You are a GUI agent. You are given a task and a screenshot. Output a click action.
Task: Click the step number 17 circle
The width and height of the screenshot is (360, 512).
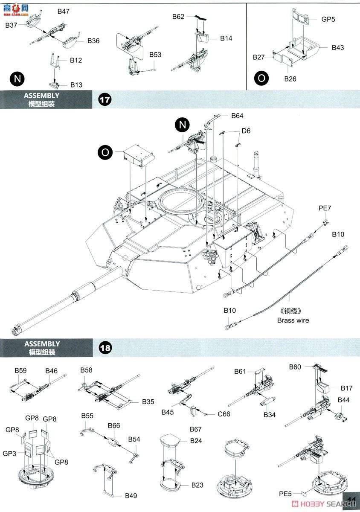(105, 100)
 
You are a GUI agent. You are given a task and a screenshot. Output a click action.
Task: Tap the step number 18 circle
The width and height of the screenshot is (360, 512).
(105, 348)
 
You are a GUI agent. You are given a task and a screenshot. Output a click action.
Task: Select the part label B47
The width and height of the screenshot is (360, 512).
(64, 12)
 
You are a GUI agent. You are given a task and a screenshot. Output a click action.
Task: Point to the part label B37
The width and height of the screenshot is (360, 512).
(12, 25)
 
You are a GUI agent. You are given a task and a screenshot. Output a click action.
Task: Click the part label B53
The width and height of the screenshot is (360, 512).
(155, 55)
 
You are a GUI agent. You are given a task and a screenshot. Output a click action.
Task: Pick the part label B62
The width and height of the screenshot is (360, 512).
(178, 17)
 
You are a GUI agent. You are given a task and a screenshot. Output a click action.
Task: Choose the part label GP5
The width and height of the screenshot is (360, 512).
(316, 19)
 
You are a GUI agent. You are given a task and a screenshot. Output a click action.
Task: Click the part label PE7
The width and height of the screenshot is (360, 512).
(325, 208)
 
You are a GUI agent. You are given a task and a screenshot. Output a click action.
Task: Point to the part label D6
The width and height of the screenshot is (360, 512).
(246, 131)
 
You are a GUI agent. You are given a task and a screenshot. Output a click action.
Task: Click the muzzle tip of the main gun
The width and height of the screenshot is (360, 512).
(15, 331)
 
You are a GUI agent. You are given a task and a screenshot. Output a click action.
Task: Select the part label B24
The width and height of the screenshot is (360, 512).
(196, 440)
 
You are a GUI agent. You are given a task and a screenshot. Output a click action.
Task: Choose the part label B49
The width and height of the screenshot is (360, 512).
(131, 496)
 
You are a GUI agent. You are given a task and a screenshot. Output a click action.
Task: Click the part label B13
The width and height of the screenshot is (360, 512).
(76, 84)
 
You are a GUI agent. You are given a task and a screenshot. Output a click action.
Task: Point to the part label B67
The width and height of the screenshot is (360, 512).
(196, 429)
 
